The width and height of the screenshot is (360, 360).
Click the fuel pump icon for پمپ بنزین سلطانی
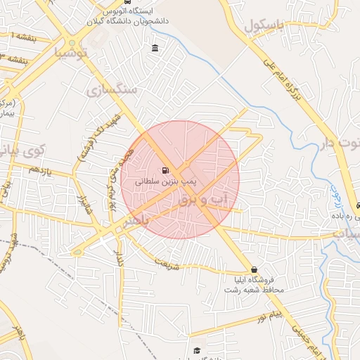coord(165,169)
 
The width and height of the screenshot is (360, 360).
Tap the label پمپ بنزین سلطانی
coord(167,181)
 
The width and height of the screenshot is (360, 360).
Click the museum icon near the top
coord(155,48)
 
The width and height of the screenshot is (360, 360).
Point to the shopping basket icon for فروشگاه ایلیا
coord(254,270)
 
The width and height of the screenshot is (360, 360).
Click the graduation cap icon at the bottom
coord(197,349)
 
